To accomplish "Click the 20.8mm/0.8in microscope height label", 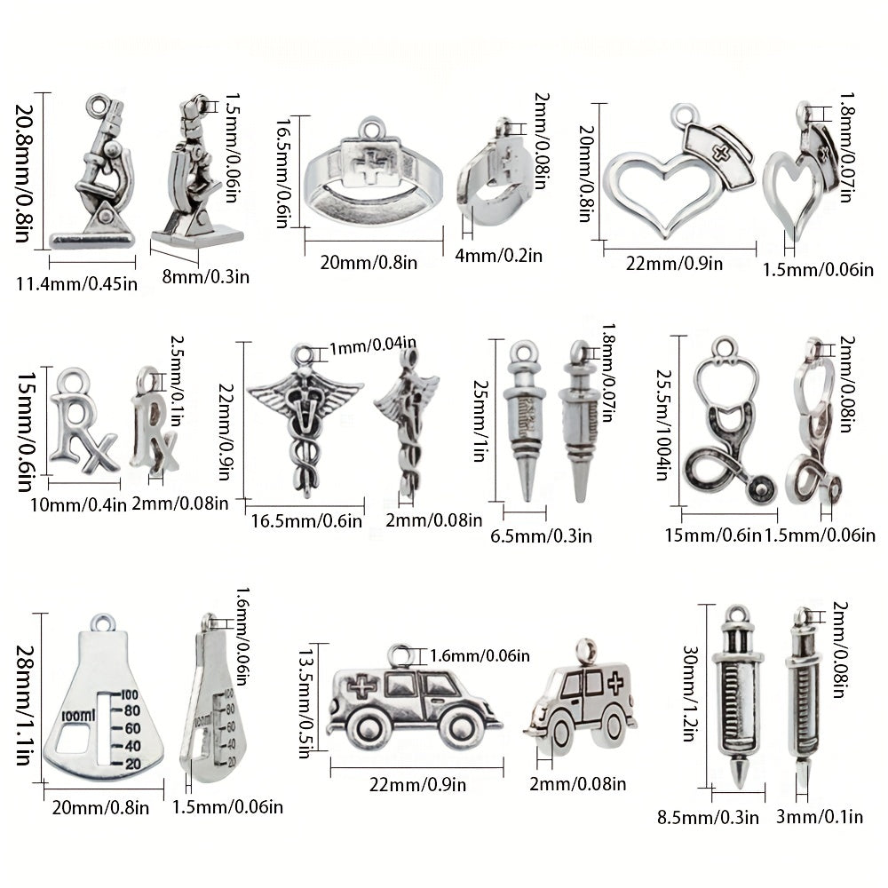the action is (x=24, y=173).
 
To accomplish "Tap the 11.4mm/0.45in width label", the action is (x=77, y=282).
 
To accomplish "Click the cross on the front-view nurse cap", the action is (x=720, y=152).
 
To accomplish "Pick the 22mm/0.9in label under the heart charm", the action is (x=674, y=264).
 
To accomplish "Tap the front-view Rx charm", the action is (x=83, y=421).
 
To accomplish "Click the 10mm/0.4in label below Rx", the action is (x=78, y=504).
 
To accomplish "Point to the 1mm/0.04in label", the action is (x=373, y=345).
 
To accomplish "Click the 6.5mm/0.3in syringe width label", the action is (x=541, y=535).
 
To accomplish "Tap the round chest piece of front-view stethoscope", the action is (x=761, y=487).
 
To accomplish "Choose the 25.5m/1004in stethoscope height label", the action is (x=663, y=424).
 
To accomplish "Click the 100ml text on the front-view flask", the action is (x=78, y=715).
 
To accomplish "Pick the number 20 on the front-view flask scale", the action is (x=133, y=764).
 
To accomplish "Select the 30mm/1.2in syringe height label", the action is (x=689, y=694).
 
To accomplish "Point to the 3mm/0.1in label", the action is (x=820, y=817).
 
